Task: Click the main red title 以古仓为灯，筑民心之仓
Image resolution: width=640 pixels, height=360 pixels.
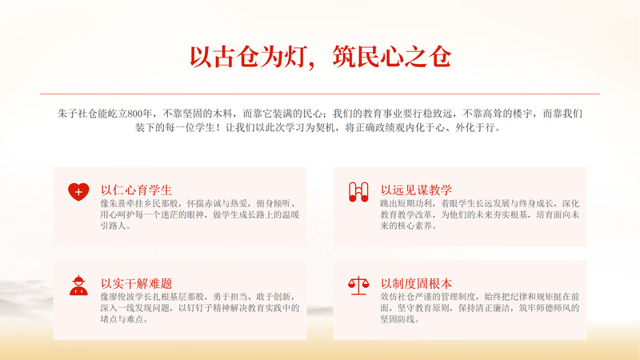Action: [x=321, y=57]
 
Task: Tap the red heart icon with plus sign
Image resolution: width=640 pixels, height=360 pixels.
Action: [x=78, y=192]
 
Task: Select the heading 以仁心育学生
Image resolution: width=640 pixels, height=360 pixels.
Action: [x=136, y=190]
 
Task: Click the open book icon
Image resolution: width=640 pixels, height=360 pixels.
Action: [x=358, y=192]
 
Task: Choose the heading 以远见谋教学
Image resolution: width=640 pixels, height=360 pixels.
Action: [x=416, y=190]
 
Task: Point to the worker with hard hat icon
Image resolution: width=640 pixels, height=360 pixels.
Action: [x=78, y=286]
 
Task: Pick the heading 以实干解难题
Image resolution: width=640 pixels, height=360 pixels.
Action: [x=136, y=283]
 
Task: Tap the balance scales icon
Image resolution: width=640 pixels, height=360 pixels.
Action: [x=358, y=286]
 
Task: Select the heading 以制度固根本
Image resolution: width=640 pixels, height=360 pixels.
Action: [x=416, y=283]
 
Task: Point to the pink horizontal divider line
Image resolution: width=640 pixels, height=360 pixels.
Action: [x=320, y=94]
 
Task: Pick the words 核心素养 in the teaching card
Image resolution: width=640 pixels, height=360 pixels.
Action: [x=410, y=226]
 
